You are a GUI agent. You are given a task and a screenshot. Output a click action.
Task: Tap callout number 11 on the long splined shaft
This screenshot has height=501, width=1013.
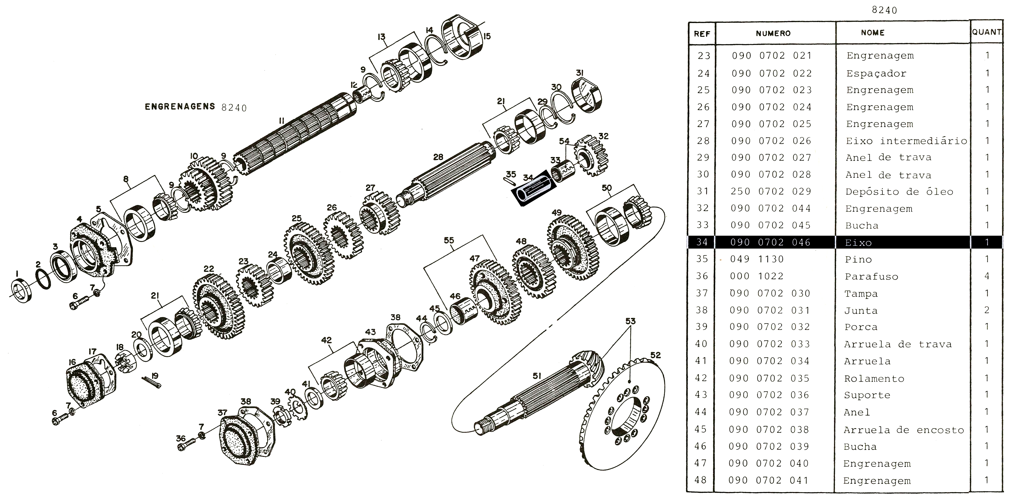pos(281,121)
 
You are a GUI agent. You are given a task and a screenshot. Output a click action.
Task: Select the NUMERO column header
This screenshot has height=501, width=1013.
pos(773,33)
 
